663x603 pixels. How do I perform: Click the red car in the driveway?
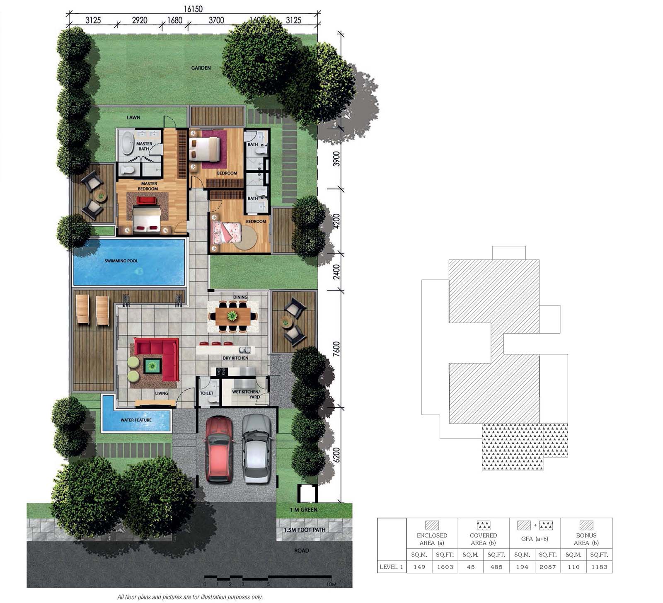pyautogui.click(x=219, y=449)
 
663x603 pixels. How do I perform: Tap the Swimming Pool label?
pyautogui.click(x=121, y=261)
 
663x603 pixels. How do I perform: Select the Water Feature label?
pyautogui.click(x=136, y=420)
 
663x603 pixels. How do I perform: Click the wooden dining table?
pyautogui.click(x=232, y=316)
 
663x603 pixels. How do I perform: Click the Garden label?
pyautogui.click(x=201, y=68)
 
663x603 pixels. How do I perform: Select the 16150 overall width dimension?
pyautogui.click(x=194, y=9)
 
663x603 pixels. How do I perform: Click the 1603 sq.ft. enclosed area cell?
pyautogui.click(x=445, y=567)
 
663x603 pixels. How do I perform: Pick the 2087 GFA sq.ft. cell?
pyautogui.click(x=547, y=567)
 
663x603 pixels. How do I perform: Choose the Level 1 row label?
pyautogui.click(x=392, y=567)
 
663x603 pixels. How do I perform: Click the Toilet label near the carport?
pyautogui.click(x=206, y=393)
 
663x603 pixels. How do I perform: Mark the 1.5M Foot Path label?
pyautogui.click(x=304, y=530)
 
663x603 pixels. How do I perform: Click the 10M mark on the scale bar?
pyautogui.click(x=331, y=585)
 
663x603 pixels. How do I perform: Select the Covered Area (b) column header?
pyautogui.click(x=483, y=539)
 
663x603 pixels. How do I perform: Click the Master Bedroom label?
pyautogui.click(x=149, y=186)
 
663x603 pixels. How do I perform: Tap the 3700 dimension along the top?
pyautogui.click(x=216, y=20)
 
